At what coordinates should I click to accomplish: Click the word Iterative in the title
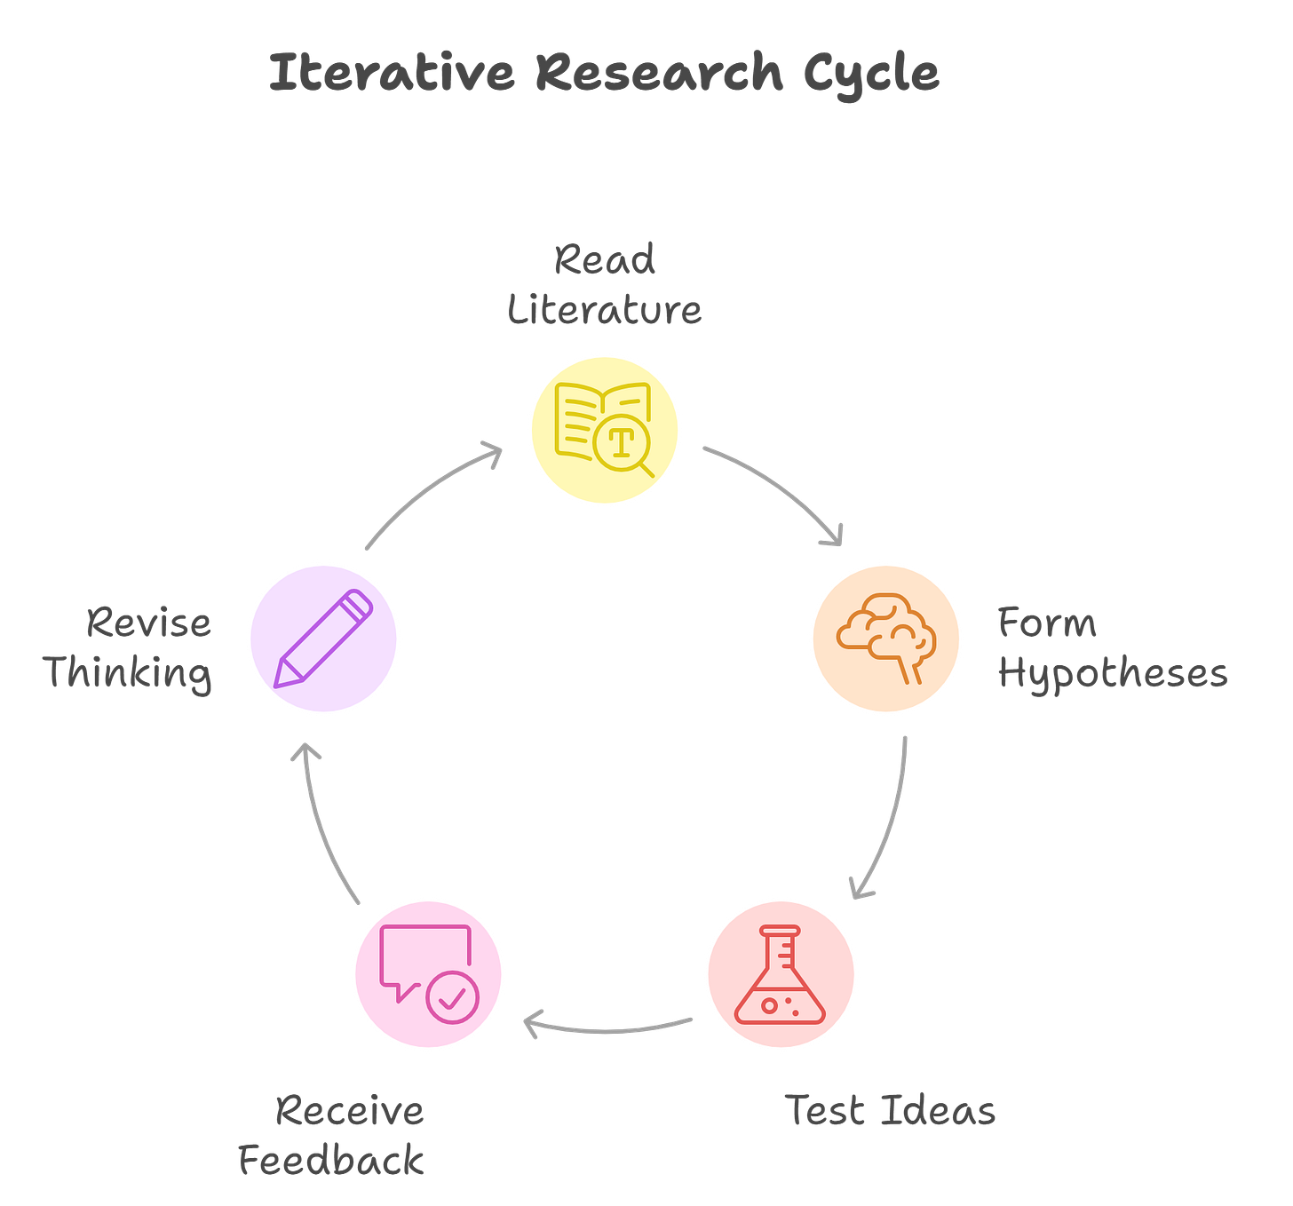click(x=391, y=73)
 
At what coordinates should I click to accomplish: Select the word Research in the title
click(x=659, y=73)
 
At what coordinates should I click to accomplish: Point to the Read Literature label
click(x=605, y=284)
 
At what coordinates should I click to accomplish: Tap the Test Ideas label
click(x=890, y=1110)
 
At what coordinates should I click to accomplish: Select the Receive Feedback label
click(x=332, y=1135)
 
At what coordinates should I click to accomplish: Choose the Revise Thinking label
click(x=130, y=647)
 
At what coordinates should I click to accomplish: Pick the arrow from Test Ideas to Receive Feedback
click(x=608, y=1027)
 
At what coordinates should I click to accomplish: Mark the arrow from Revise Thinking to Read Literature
click(x=431, y=493)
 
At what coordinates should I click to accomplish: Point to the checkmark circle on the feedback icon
click(x=453, y=997)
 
